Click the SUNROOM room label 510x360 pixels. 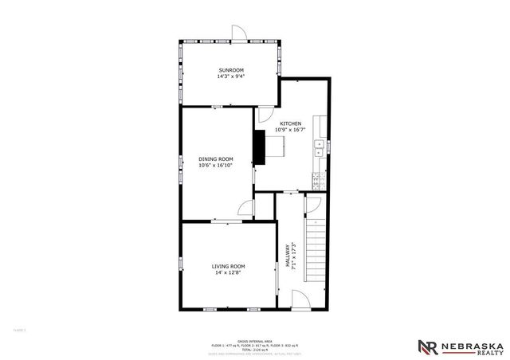point(229,71)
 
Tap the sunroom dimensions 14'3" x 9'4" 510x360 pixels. point(229,77)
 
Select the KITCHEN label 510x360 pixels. point(290,123)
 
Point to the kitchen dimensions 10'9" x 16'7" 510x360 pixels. point(290,130)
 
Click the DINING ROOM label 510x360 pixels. point(215,159)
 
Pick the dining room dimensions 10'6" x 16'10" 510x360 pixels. point(215,166)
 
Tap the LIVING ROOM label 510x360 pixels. point(228,266)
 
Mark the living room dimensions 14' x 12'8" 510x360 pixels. point(228,272)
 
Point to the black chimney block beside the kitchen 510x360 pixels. point(259,146)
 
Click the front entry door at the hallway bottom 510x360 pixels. point(300,300)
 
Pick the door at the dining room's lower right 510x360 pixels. point(246,209)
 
